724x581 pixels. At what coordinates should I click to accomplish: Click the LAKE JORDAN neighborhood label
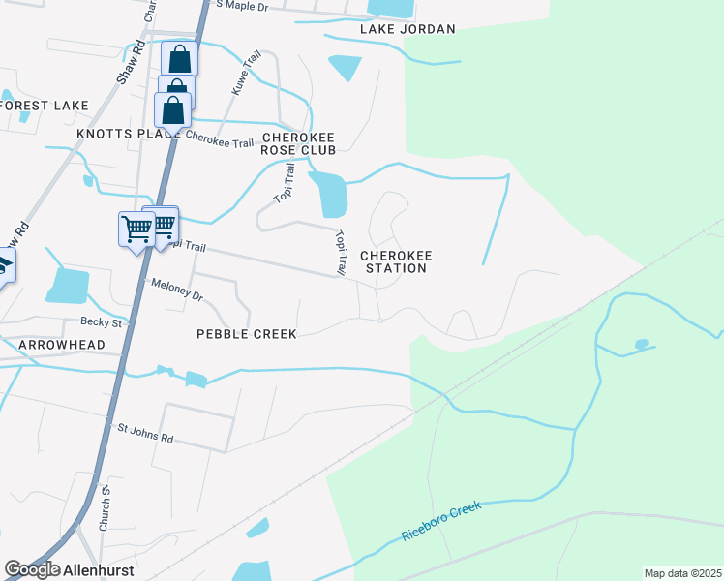pyautogui.click(x=407, y=29)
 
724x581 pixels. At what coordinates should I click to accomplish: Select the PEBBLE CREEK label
pyautogui.click(x=246, y=333)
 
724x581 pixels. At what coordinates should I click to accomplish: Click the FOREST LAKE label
pyautogui.click(x=45, y=105)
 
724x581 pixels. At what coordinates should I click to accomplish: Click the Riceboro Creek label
pyautogui.click(x=440, y=523)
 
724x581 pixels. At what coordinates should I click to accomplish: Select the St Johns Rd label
pyautogui.click(x=145, y=432)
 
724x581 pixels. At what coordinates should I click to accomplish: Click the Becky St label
pyautogui.click(x=101, y=322)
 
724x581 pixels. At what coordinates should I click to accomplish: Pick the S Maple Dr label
pyautogui.click(x=241, y=6)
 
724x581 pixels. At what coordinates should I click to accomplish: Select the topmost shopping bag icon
pyautogui.click(x=180, y=58)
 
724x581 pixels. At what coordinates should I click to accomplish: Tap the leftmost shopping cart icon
pyautogui.click(x=136, y=229)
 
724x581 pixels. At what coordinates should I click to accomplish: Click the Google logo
pyautogui.click(x=32, y=570)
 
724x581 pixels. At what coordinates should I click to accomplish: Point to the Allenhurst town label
pyautogui.click(x=99, y=570)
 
